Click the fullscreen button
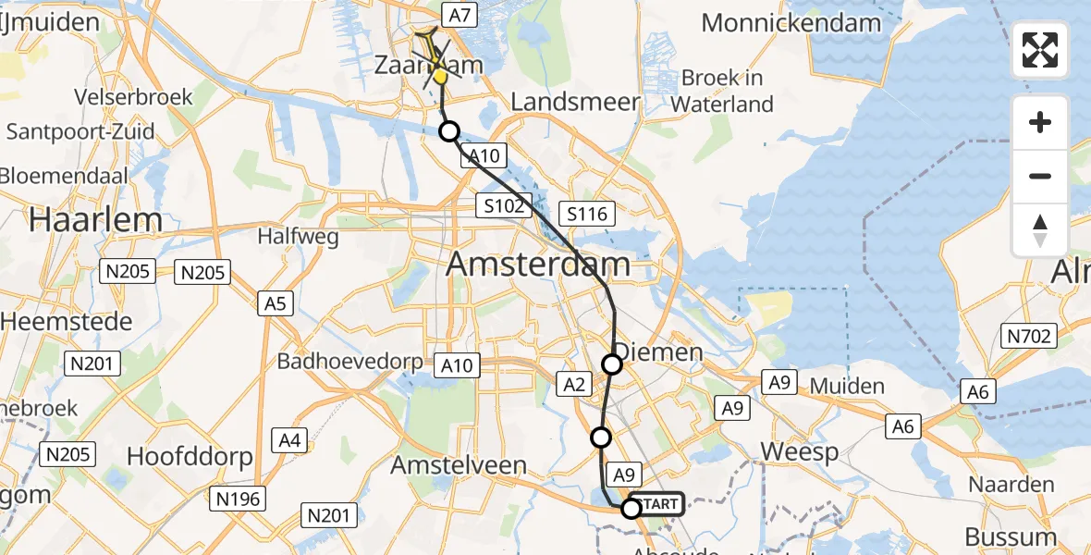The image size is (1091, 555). click(x=1040, y=50)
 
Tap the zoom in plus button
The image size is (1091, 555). click(x=1040, y=122)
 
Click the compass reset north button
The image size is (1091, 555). click(x=1040, y=230)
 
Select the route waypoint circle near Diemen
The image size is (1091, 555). click(x=613, y=364)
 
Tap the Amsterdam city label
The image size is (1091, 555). click(x=538, y=265)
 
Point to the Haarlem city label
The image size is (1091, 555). click(x=95, y=220)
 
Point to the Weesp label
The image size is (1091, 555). click(x=799, y=452)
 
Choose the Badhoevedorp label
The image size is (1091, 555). click(x=350, y=361)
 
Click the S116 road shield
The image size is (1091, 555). click(x=587, y=215)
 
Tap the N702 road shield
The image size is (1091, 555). click(x=1029, y=336)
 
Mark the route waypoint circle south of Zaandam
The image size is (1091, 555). click(x=448, y=131)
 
